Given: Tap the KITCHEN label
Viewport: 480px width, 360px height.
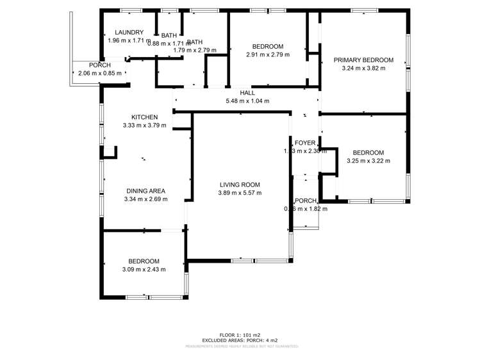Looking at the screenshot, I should pos(144,117).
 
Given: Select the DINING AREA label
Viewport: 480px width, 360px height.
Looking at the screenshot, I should pos(145,191).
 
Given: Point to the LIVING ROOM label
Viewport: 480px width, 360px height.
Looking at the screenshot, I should pos(240,184).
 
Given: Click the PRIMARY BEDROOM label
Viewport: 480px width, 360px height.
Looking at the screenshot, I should pos(363,60).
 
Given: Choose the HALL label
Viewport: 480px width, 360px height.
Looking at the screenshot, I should pos(247,93).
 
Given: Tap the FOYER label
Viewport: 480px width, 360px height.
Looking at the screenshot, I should pos(305,143).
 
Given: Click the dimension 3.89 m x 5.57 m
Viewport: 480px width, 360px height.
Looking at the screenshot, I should pos(240,193).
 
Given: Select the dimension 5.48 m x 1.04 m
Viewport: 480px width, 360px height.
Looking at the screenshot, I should pos(247,101).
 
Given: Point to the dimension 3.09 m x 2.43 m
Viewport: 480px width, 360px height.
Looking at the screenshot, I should pos(144,270).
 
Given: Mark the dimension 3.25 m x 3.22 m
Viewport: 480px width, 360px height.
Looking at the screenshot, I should pos(368,161).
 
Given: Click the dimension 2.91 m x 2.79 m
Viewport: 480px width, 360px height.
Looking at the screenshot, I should pos(267,54).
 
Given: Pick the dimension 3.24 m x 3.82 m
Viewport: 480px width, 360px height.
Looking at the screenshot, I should pos(363,69).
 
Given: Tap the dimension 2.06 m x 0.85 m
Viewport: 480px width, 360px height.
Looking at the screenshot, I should pos(99,74).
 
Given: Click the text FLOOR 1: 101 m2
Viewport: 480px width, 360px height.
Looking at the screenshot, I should pos(240,335).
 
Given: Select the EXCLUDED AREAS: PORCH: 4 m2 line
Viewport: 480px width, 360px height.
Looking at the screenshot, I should pos(240,340).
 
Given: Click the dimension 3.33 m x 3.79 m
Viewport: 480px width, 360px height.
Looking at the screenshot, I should pos(144,126).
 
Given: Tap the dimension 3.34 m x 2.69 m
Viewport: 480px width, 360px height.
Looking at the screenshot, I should pos(145,199).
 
